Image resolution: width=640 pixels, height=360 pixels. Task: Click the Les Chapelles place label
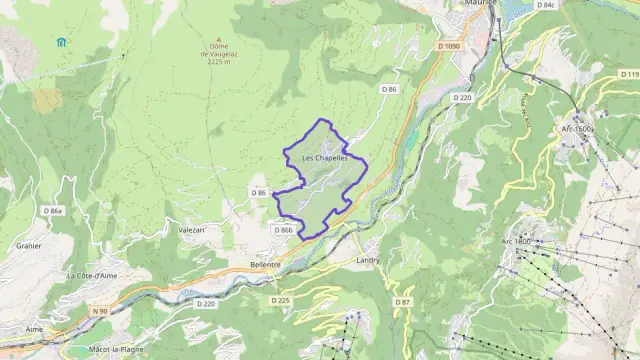[x=325, y=158]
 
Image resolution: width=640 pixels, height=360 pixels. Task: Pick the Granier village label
[x=27, y=244]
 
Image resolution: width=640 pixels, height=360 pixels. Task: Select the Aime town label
[x=34, y=328]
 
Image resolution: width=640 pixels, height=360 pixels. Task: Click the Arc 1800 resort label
[x=516, y=242]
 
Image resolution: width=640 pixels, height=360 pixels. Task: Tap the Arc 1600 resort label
[x=577, y=129]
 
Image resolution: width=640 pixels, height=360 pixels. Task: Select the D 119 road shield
[x=629, y=74]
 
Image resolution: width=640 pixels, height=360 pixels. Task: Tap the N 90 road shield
[x=99, y=311]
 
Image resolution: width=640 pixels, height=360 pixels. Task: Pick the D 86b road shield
[x=283, y=230]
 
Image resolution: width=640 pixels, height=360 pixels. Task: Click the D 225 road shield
[x=280, y=300]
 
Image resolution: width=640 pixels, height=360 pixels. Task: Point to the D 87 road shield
[x=403, y=301]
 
